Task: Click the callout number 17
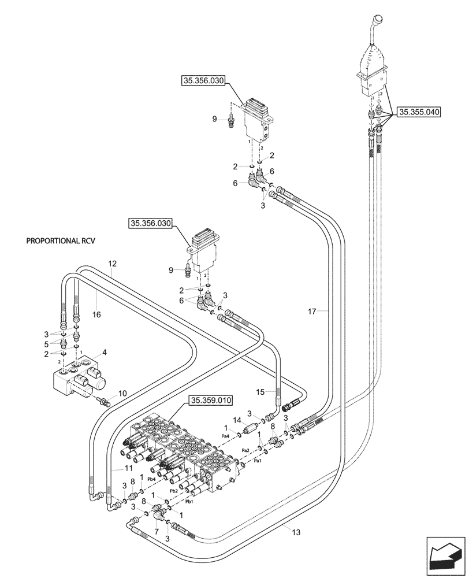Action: (x=312, y=312)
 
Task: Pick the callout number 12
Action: (x=112, y=264)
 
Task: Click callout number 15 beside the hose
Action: (x=260, y=392)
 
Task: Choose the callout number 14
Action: (x=236, y=420)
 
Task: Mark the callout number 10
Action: (x=122, y=394)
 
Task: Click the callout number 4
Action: (x=104, y=352)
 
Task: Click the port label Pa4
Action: (x=225, y=436)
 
